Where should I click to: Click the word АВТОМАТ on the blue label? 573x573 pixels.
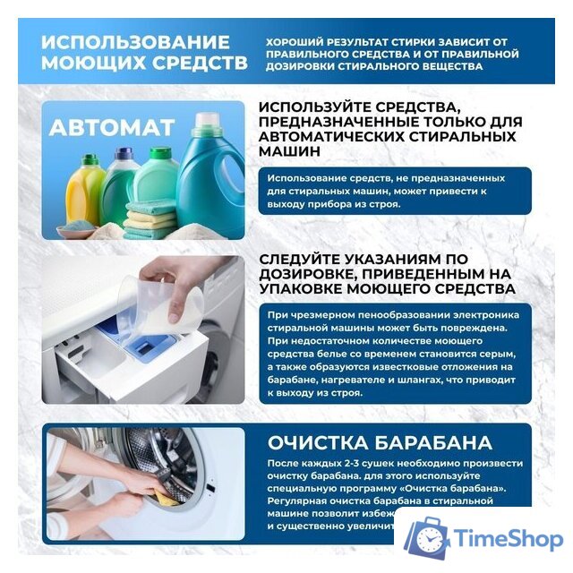coord(111,128)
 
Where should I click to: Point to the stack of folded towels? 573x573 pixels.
coord(150,219)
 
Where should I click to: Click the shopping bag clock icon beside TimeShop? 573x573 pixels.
coord(425,539)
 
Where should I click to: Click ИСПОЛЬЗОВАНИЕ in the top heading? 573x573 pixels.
coord(135,44)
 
